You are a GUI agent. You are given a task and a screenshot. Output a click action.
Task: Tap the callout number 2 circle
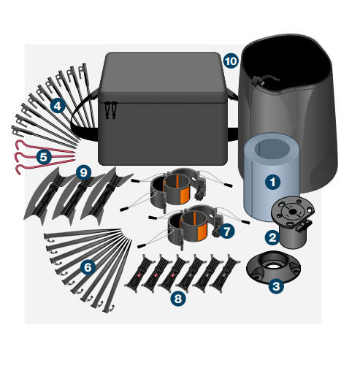[271, 237]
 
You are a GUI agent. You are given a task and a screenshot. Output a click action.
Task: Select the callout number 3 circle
[275, 286]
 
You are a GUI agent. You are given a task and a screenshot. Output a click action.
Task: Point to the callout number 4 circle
[57, 106]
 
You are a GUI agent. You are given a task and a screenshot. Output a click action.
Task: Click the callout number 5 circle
[44, 156]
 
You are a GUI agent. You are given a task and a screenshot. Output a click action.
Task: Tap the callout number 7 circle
[228, 230]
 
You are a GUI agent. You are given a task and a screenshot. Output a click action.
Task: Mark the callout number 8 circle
[177, 298]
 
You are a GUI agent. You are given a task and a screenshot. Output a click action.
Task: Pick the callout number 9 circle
[83, 172]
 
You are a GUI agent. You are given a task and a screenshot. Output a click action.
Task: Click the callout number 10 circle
[231, 61]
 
